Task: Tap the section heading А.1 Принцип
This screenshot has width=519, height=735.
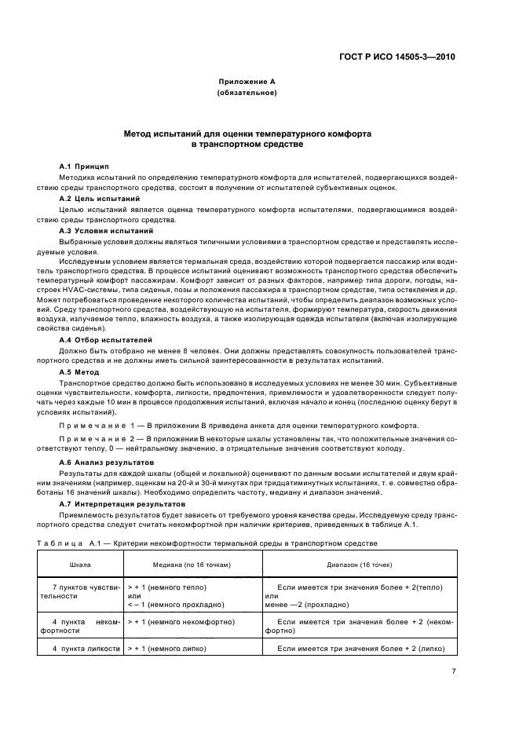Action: click(x=84, y=166)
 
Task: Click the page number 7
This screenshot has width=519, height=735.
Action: click(x=454, y=672)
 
